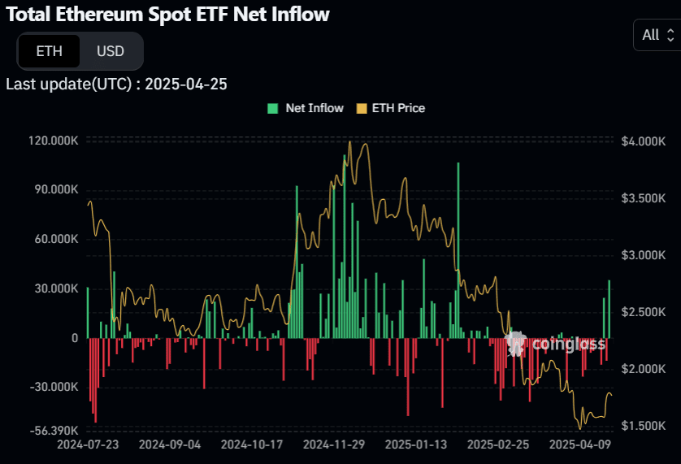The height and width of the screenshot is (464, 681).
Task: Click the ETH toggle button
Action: point(49,51)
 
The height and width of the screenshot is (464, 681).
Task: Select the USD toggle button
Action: point(111,51)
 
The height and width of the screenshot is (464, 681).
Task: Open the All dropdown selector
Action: point(657,35)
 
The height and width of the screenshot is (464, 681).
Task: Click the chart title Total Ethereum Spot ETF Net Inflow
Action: point(167,14)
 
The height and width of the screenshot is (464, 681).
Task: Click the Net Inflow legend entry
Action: point(306,108)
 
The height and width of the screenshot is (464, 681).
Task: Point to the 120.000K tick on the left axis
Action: point(53,141)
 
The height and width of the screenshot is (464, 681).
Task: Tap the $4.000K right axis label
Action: point(643,141)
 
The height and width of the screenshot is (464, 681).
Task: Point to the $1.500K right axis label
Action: point(643,426)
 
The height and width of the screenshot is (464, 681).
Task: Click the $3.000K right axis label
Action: point(643,255)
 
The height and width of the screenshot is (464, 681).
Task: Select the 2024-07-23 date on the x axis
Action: point(88,445)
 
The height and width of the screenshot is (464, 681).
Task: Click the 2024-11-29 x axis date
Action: point(335,445)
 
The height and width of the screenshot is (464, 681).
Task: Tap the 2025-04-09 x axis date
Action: point(579,445)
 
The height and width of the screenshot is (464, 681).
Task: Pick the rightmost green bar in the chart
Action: point(609,309)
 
